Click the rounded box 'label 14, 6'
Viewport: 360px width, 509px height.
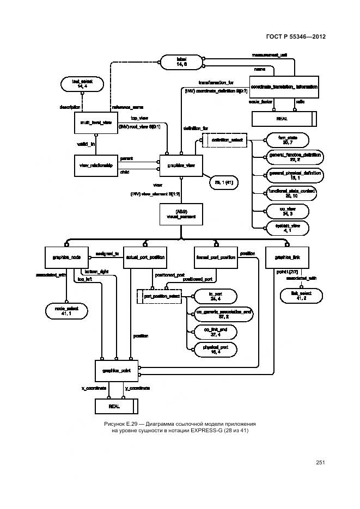[x=181, y=61]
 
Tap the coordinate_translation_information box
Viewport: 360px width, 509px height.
[x=284, y=87]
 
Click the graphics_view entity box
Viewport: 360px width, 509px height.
[x=181, y=165]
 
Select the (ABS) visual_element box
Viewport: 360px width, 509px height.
[x=181, y=213]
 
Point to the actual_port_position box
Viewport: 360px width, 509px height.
[x=145, y=257]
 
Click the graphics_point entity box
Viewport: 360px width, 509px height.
[x=117, y=370]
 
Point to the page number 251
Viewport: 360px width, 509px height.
[x=320, y=463]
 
